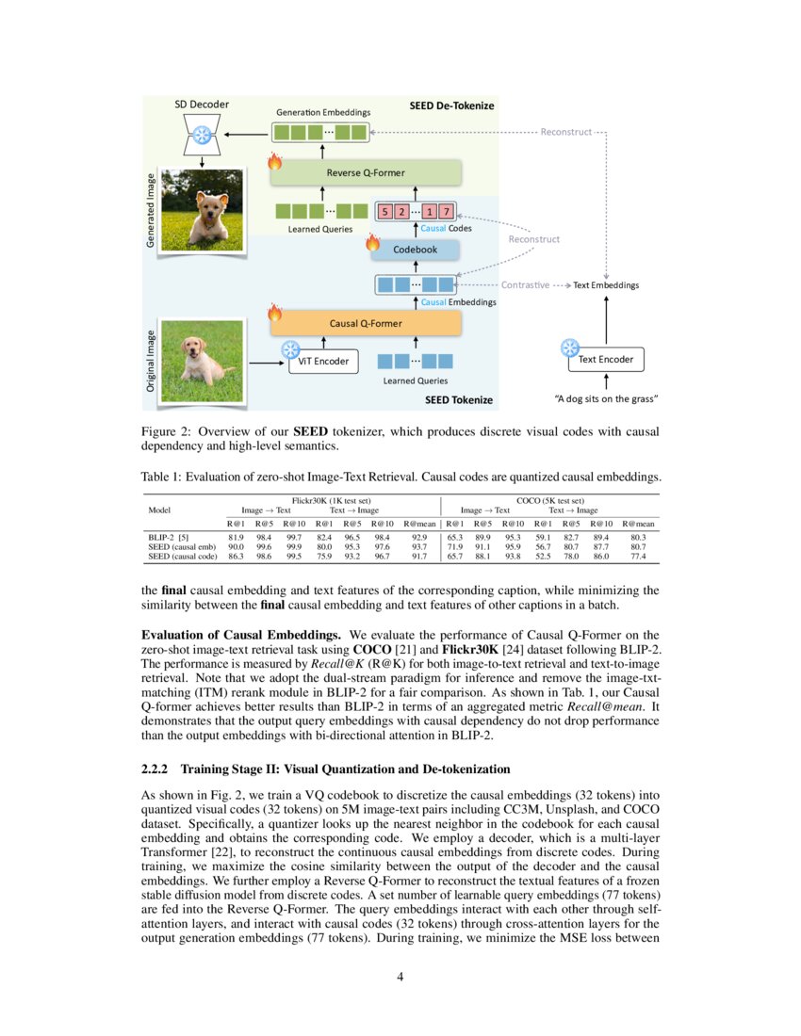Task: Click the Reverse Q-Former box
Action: pos(367,171)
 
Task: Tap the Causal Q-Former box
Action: pos(366,323)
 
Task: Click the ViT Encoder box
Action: pos(322,361)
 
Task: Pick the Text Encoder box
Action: pos(605,359)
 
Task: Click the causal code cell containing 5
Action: pos(386,211)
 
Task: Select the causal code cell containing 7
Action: pos(446,211)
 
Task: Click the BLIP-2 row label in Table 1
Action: pos(166,537)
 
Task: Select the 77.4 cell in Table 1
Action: pos(638,557)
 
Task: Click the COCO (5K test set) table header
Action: pos(550,501)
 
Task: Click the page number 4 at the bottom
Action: pos(400,976)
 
